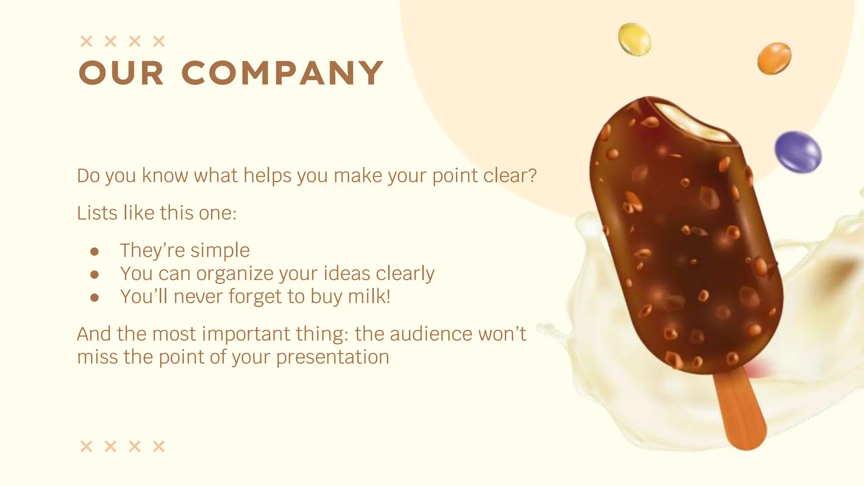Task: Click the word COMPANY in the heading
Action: tap(282, 73)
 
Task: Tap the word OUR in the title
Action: tap(121, 73)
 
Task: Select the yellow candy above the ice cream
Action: tap(634, 39)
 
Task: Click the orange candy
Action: tap(774, 58)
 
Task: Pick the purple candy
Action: tap(798, 152)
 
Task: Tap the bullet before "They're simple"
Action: tap(94, 252)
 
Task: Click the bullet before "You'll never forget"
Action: tap(94, 298)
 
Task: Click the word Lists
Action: tap(97, 213)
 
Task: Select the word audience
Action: tap(431, 334)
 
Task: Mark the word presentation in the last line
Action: tap(332, 357)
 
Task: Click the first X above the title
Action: tap(86, 41)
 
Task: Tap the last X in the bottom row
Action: tap(159, 446)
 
